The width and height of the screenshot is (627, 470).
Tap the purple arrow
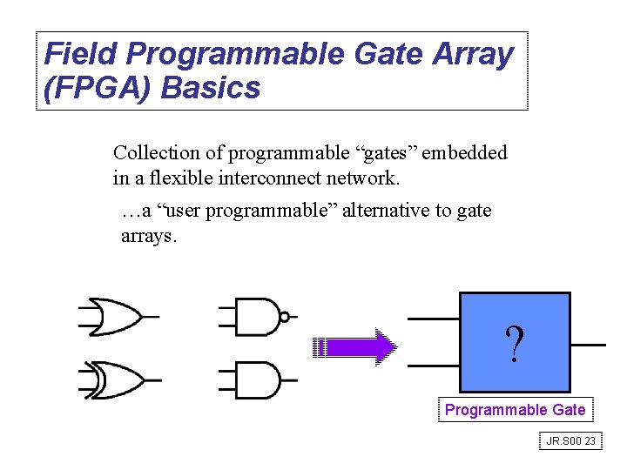(x=355, y=347)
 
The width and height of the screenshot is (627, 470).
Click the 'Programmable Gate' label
(x=515, y=409)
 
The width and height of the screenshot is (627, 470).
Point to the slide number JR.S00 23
(x=570, y=441)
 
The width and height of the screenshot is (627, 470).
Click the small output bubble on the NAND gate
(x=285, y=317)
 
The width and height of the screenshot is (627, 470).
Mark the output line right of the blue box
(x=589, y=345)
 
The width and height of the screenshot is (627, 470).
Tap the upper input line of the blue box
(x=433, y=319)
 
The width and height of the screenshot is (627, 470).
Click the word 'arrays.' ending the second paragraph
(x=149, y=236)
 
